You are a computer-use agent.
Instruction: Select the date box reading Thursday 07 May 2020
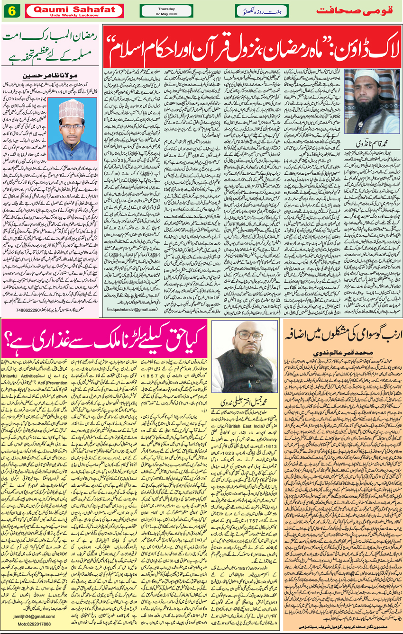click(x=160, y=11)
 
